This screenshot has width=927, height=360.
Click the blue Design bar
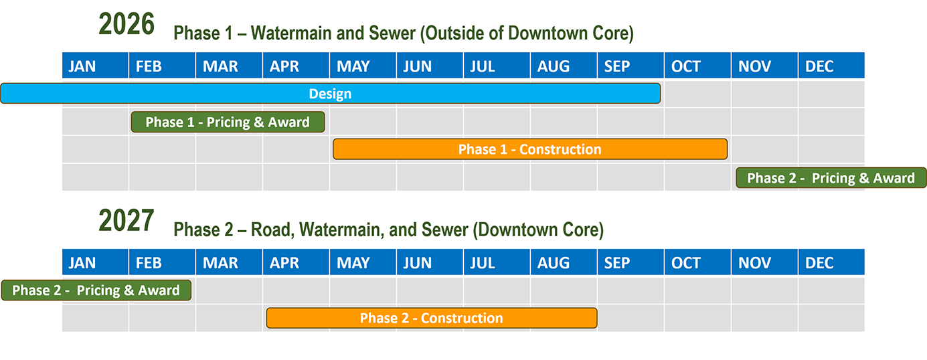330,94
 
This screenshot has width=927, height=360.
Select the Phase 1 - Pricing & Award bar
228,122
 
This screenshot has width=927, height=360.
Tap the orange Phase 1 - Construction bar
530,149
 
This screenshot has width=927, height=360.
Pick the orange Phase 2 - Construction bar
432,318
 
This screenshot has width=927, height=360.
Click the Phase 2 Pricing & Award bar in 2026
831,178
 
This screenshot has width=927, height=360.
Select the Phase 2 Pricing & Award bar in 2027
96,290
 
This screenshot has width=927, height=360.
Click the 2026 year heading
127,24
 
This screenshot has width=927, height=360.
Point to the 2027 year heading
127,221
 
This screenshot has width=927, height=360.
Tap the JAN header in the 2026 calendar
95,66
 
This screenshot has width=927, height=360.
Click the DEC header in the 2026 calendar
831,66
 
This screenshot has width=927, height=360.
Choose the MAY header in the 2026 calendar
363,66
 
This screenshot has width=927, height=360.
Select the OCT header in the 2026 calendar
697,66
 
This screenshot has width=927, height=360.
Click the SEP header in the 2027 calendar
630,262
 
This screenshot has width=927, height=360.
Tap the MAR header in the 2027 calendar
229,262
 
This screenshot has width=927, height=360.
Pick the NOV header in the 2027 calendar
764,262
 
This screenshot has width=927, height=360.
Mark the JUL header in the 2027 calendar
497,262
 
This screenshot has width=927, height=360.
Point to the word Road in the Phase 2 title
272,230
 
